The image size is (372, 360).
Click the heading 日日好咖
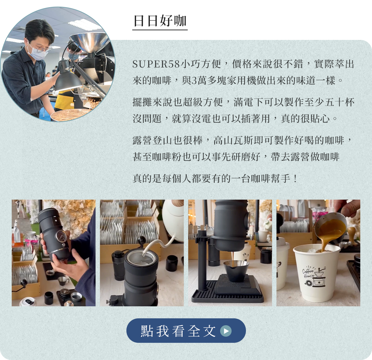[160, 21]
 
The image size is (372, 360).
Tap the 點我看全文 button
[186, 330]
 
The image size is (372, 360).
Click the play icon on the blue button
[226, 331]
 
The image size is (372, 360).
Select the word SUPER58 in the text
[156, 64]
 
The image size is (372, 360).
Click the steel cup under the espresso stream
[236, 270]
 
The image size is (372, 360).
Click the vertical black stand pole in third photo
[202, 260]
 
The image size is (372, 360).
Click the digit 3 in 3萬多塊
[194, 81]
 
